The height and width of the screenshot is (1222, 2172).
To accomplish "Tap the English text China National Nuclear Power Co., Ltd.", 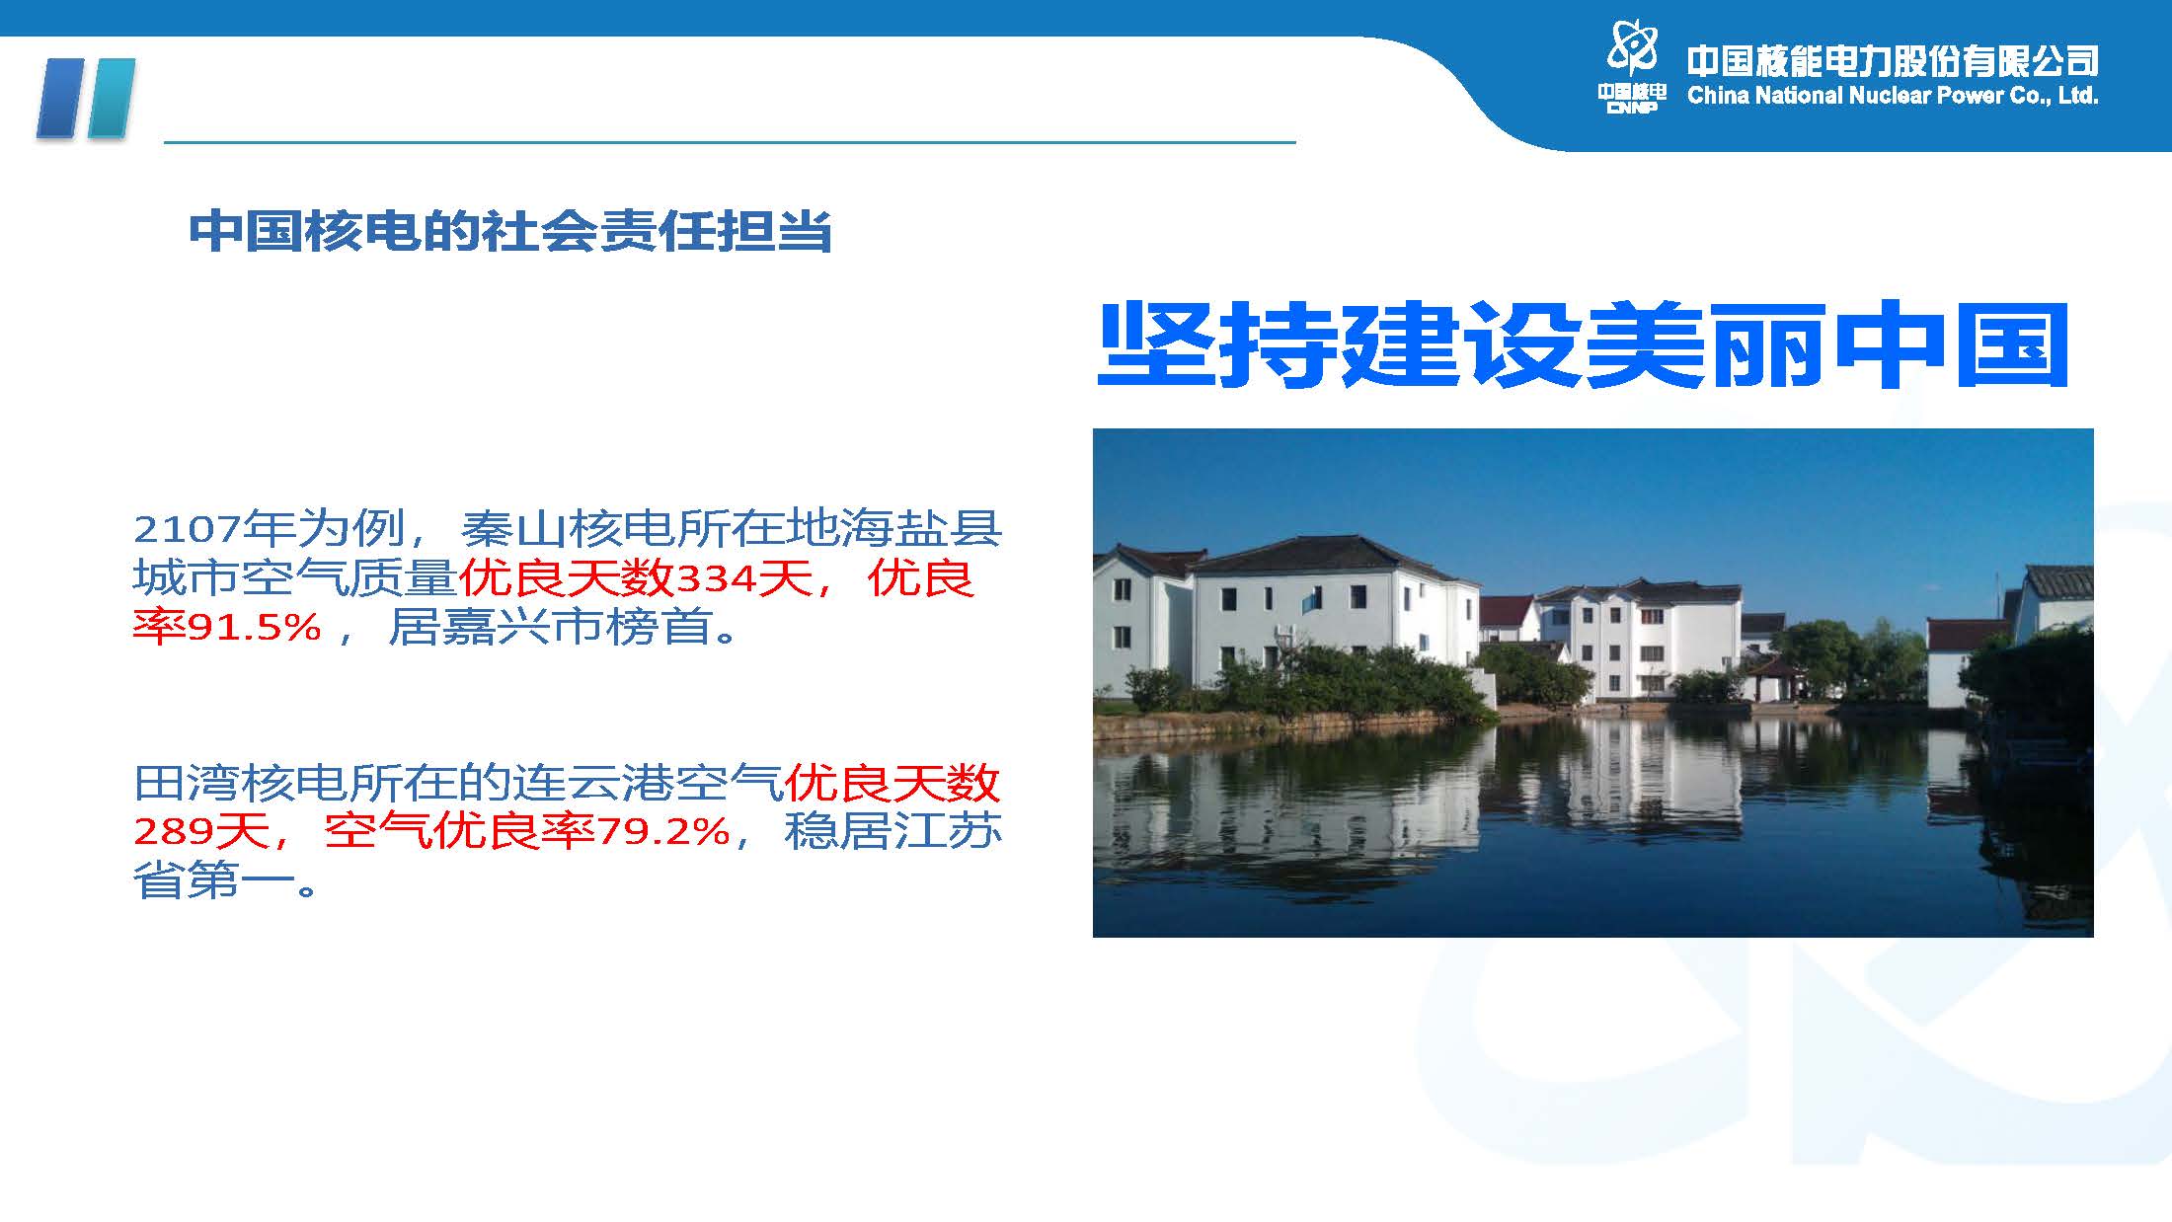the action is (1893, 96).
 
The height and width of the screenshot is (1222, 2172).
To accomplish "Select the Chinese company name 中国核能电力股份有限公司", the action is (1893, 61).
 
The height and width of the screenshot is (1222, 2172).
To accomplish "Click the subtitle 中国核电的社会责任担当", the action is (510, 231).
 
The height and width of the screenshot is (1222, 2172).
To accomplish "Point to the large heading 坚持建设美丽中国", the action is (1584, 345).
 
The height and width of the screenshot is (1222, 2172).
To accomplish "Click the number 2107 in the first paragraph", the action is (187, 530).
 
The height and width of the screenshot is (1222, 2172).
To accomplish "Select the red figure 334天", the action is (743, 577).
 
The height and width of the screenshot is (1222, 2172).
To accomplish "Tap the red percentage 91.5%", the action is (255, 627).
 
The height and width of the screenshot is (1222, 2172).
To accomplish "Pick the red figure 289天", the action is (201, 832).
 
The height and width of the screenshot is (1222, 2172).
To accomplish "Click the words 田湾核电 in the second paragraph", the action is (241, 784).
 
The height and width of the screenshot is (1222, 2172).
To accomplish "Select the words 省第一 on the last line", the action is (214, 880).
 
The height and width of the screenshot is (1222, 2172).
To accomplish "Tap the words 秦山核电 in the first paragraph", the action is (568, 529).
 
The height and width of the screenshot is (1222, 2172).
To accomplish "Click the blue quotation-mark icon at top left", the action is (85, 98).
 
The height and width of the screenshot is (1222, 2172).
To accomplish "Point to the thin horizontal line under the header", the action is (730, 142).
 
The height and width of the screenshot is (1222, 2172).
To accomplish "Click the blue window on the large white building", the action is (1310, 598).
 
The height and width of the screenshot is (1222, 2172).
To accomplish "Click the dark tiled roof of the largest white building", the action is (1333, 555).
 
